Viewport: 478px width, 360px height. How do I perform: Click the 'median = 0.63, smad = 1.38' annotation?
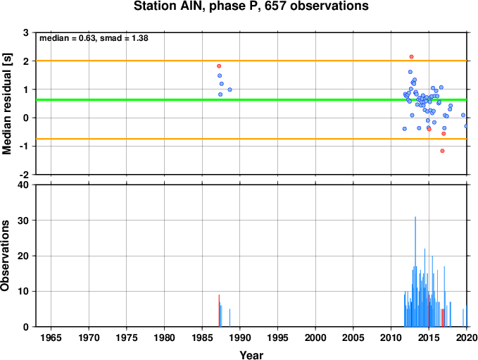[94, 38]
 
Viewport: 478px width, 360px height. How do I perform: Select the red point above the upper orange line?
[411, 57]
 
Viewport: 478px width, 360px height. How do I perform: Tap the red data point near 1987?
[219, 66]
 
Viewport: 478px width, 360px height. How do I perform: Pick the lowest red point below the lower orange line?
[442, 151]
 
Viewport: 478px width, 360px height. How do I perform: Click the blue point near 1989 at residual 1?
[230, 89]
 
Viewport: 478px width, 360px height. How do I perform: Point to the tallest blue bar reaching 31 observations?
[415, 271]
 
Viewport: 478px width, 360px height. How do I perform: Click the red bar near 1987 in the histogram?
[219, 311]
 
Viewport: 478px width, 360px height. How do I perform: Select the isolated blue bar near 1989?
[230, 318]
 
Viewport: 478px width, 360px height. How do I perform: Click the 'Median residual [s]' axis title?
[6, 104]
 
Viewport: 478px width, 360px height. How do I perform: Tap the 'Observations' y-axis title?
[5, 256]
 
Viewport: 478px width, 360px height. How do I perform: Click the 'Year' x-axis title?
[251, 355]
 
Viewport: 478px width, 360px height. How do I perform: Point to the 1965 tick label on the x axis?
[51, 337]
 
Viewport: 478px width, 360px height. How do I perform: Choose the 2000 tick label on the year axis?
[315, 337]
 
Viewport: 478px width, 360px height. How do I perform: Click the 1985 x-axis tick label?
[202, 337]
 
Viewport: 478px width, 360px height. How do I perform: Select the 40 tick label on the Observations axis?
[23, 185]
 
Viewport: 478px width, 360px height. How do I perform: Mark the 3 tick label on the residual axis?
[25, 32]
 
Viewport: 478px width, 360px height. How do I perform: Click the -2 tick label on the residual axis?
[24, 175]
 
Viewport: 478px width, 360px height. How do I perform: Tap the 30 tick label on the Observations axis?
[23, 221]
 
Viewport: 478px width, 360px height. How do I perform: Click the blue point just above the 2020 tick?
[466, 126]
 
